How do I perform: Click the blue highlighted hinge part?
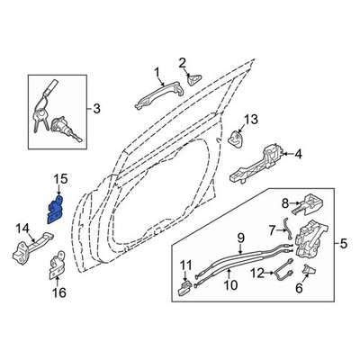(56, 210)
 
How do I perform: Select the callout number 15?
(61, 180)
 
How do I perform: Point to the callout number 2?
(183, 63)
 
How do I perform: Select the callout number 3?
(96, 109)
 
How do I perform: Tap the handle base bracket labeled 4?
(257, 164)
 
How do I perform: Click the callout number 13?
(251, 120)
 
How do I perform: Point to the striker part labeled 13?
(237, 139)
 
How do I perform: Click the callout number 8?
(285, 204)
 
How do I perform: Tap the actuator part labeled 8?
(307, 204)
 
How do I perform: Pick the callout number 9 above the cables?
(241, 238)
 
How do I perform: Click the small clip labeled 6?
(308, 269)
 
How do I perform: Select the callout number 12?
(258, 274)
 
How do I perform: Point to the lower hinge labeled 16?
(57, 265)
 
